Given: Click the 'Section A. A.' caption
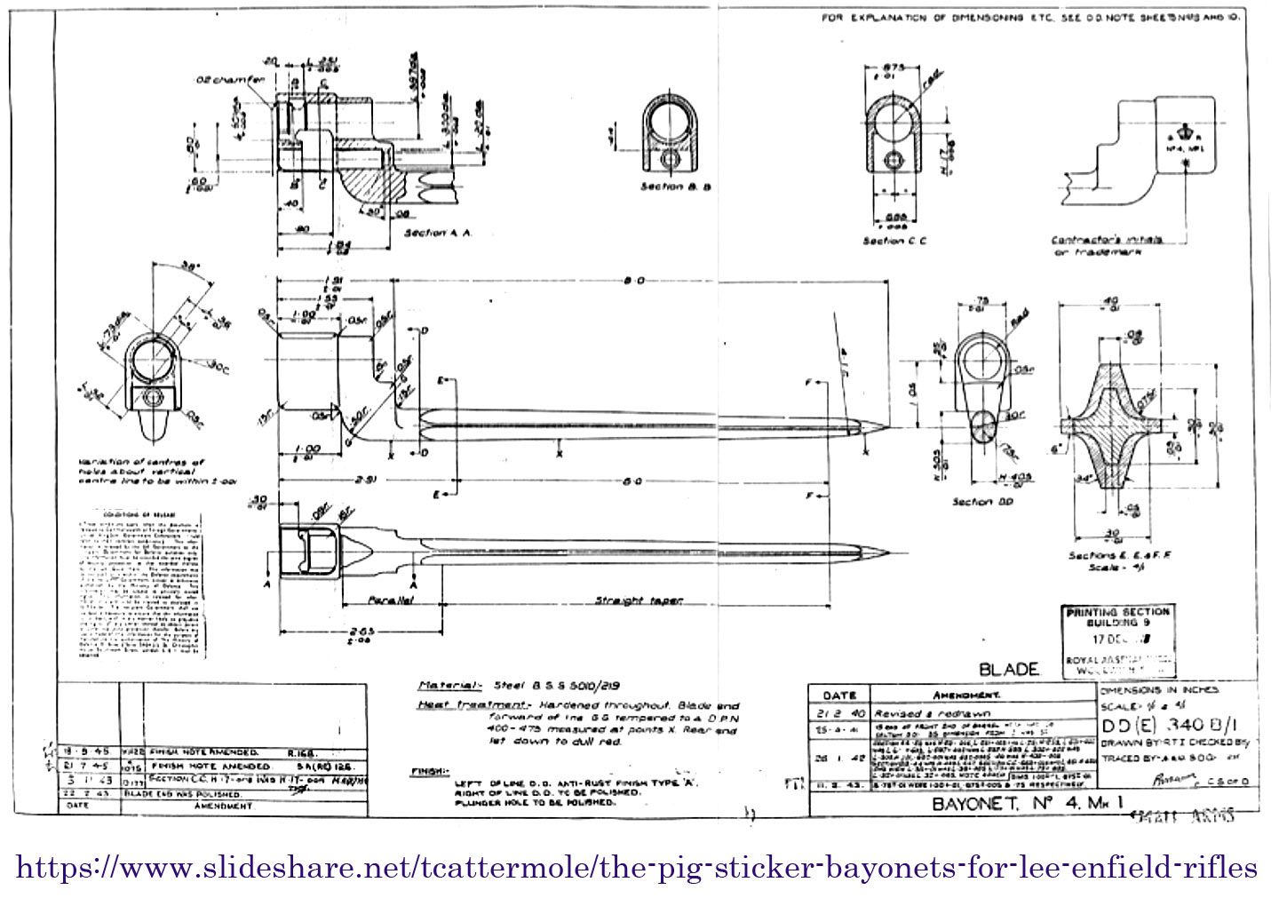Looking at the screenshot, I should [437, 233].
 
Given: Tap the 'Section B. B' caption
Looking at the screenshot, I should [675, 187].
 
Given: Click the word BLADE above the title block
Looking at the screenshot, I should [1009, 669].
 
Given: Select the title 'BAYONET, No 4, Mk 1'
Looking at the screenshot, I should [1029, 804].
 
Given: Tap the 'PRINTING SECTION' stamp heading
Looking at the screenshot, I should [1118, 612].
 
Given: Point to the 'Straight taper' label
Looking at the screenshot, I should [639, 601].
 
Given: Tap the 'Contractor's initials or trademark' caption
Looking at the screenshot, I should [1106, 245].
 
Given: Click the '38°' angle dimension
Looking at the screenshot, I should [188, 266].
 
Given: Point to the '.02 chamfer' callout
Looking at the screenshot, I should [230, 80].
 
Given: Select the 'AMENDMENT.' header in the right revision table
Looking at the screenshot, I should [965, 695].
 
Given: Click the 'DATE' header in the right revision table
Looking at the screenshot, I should [839, 695].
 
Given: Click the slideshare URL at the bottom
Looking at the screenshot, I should [636, 867].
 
